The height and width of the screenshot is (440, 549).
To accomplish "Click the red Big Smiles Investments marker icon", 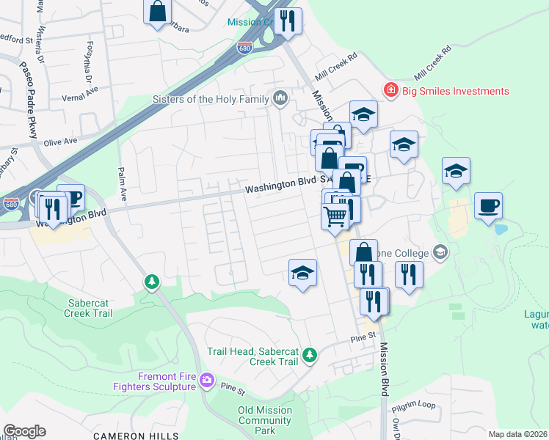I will coord(391,91).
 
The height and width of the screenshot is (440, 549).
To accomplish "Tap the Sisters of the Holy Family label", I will coord(210,99).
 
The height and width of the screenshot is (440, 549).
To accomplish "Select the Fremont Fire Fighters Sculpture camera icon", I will coord(207,380).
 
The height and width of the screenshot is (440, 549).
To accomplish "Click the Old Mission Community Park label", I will coord(265,420).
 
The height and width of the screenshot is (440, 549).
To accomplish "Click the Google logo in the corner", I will coord(24,431).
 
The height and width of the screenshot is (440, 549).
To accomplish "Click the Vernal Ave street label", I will coord(81,90).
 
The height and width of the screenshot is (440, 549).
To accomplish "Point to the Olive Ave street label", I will coord(60,140).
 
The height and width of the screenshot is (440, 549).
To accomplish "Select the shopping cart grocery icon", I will coord(335,216).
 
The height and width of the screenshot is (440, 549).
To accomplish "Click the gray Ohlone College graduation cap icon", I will coord(440,252).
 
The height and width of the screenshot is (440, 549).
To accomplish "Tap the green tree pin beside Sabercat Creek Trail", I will coord(151,282).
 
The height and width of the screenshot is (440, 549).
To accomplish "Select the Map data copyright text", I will coord(517,434).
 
